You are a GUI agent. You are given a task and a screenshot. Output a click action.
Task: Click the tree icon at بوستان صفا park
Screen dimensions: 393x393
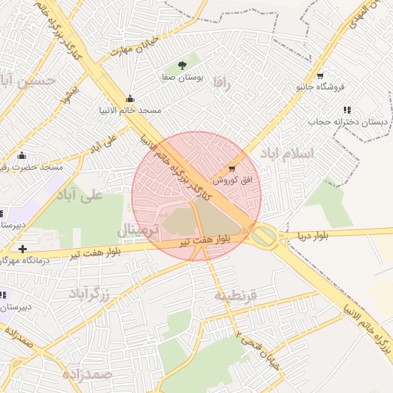[182, 65]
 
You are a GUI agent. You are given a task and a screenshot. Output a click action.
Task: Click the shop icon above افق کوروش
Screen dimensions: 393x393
[233, 167]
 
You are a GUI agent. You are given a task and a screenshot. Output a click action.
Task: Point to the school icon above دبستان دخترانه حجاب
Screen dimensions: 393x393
[346, 110]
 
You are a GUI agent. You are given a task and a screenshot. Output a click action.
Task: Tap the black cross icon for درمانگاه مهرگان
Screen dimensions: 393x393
[23, 249]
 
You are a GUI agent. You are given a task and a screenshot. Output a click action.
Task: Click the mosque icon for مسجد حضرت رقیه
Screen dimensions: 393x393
[21, 155]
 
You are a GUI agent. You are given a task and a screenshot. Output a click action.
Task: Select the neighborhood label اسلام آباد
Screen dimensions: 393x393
[288, 154]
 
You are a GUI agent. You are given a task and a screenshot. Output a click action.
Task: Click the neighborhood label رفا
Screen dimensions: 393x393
[223, 82]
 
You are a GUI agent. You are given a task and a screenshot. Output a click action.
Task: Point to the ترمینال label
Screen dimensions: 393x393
[139, 231]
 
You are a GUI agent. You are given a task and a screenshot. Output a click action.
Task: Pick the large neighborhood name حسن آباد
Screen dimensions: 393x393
[28, 80]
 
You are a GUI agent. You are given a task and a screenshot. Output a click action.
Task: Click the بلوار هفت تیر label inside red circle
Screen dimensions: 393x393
[210, 240]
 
